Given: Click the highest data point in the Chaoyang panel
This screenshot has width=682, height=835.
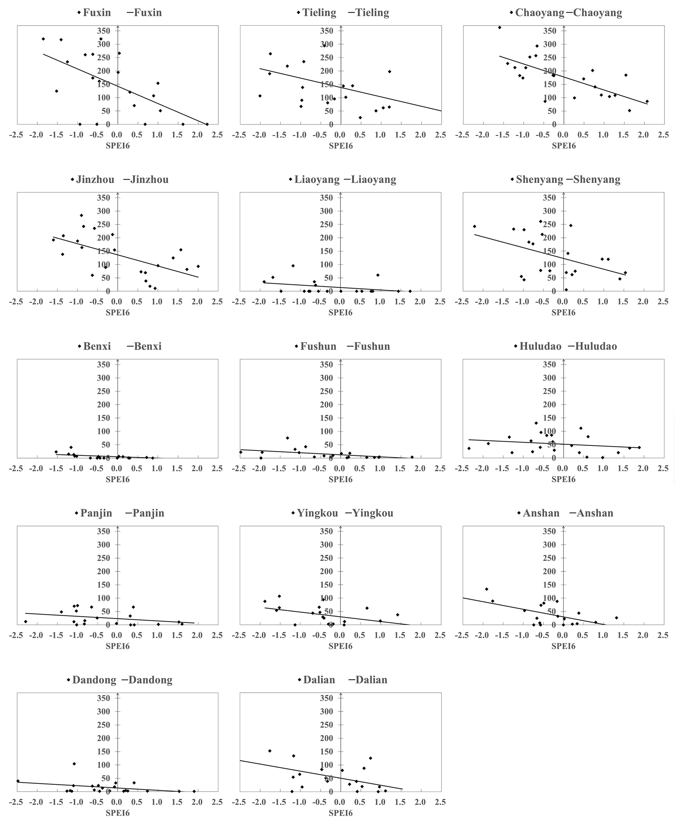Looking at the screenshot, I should [x=499, y=27].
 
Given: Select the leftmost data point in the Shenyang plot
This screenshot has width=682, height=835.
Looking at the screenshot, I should [x=474, y=227].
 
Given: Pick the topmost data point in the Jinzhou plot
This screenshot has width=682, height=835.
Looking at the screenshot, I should [x=81, y=215].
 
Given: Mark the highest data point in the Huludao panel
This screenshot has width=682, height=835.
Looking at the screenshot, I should [x=536, y=423].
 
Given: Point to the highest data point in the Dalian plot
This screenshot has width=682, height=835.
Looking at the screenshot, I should [x=270, y=751].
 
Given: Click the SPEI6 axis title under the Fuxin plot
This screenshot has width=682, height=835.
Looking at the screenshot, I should [x=117, y=146].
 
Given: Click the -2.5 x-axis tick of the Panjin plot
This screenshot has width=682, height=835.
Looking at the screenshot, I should [x=17, y=635].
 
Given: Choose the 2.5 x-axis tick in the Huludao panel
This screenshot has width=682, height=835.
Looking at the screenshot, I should [x=663, y=469].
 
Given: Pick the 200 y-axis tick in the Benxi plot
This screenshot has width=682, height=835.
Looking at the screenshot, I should [x=104, y=404].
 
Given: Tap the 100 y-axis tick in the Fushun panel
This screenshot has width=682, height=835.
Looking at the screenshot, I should [x=327, y=431].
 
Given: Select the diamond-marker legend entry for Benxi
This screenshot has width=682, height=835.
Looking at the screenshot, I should [x=94, y=346].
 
